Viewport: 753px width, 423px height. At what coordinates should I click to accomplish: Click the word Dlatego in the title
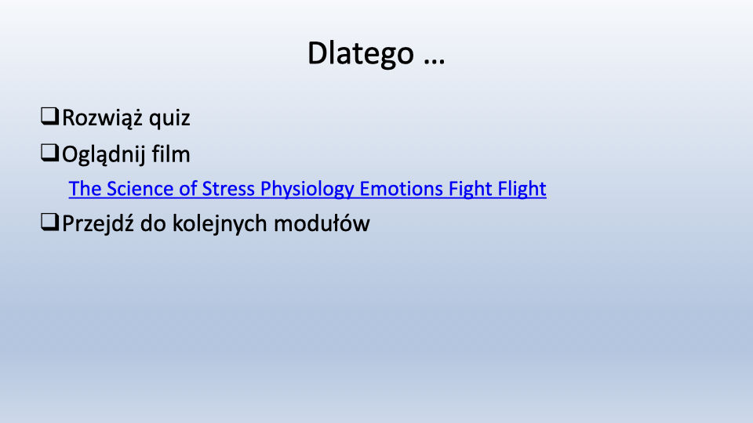coord(361,54)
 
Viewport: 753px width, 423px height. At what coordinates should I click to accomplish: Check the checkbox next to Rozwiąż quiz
coord(50,117)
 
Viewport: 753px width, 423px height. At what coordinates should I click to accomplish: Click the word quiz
coord(169,119)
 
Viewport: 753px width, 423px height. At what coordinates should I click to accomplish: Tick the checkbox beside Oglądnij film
coord(50,153)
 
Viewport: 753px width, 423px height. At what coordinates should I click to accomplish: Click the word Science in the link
coord(140,189)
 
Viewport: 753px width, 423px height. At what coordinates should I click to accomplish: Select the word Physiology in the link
coord(307,190)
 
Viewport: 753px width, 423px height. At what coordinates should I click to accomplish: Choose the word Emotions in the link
coord(401,189)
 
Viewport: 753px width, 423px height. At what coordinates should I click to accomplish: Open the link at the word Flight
coord(522,190)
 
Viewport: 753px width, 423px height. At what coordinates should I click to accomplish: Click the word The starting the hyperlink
coord(85,189)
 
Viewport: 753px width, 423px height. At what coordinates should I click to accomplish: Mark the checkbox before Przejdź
coord(50,222)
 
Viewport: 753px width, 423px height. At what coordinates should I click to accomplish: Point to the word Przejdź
coord(98,224)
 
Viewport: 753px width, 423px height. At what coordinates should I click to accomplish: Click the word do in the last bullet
coord(153,223)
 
